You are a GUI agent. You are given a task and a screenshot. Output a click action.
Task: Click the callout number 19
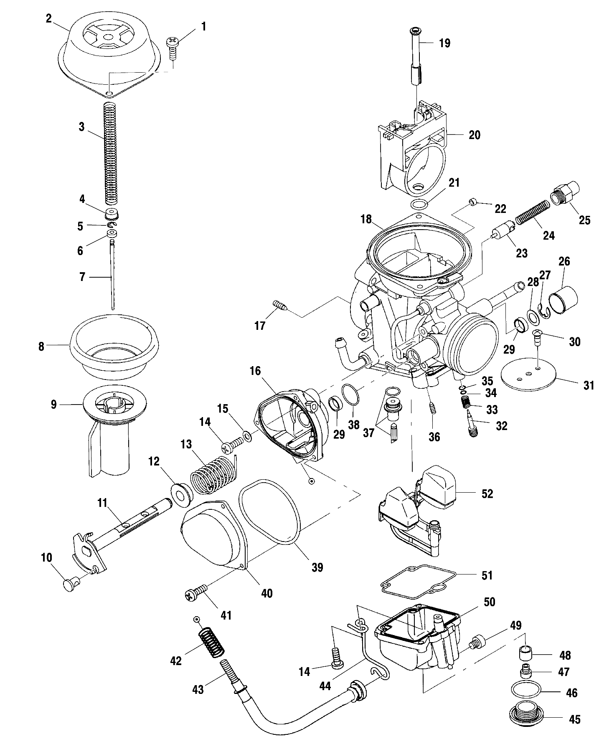tap(444, 43)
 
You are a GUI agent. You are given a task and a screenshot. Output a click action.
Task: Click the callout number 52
tap(487, 493)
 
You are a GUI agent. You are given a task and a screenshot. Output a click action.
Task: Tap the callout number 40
tap(267, 593)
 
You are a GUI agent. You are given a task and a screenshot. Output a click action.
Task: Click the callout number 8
tap(41, 347)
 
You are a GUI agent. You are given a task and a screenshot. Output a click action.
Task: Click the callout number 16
tap(255, 371)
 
